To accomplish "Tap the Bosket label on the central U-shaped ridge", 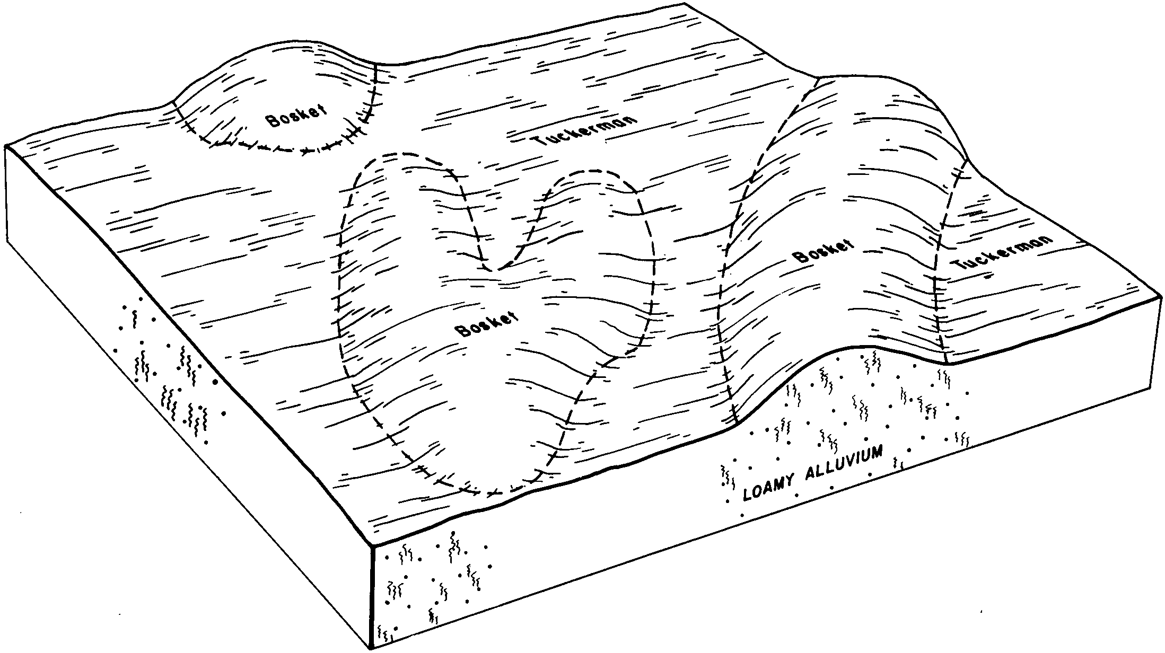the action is click(486, 323).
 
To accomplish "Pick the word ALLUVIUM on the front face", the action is click(844, 463).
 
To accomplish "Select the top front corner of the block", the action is click(373, 546).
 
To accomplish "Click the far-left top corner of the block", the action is click(5, 145).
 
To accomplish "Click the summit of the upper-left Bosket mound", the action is click(276, 48).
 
